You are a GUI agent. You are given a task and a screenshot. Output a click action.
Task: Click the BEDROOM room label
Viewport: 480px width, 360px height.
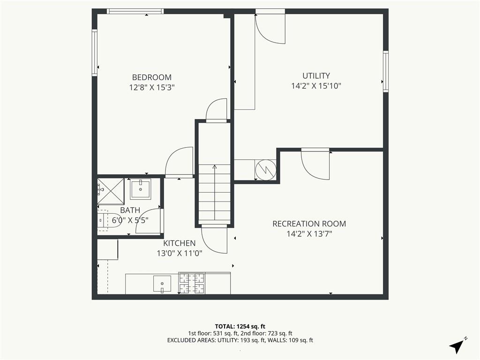click(151, 77)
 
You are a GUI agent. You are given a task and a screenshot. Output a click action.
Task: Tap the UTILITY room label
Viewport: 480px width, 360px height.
click(316, 75)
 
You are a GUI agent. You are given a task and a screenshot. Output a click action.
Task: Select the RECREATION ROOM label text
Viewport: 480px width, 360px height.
click(309, 224)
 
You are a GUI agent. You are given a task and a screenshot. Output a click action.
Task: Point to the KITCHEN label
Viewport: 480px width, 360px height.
click(179, 243)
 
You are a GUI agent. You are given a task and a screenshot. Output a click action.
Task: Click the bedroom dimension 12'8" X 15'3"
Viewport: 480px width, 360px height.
click(151, 87)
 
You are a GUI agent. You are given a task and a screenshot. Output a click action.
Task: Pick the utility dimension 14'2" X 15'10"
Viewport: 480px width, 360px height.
click(316, 86)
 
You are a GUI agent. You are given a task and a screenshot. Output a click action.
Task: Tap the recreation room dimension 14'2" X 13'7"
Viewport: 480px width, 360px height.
click(309, 234)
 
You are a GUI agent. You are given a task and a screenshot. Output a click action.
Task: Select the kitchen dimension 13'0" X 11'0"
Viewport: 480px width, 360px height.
click(179, 254)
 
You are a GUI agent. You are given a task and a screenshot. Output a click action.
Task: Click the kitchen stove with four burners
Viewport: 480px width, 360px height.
click(192, 284)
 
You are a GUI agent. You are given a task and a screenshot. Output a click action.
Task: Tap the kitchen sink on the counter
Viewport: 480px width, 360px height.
click(162, 284)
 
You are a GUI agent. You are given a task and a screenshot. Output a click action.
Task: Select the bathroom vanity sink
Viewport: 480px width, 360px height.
click(140, 188)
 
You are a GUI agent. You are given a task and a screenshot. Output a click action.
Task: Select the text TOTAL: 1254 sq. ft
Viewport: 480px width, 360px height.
click(240, 326)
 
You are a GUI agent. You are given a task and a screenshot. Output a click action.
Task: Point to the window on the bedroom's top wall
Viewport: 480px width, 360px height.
click(135, 11)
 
